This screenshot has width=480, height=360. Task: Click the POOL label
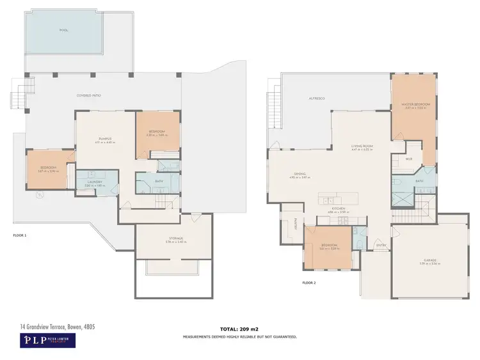coord(64,30)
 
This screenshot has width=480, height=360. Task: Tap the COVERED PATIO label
coord(89,95)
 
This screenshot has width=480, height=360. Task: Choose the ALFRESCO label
coord(317,98)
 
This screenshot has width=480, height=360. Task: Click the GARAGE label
coord(429,261)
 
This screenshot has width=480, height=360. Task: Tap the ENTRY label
coord(381,245)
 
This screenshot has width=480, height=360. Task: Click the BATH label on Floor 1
coord(159,181)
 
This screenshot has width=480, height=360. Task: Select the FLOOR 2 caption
coord(309,282)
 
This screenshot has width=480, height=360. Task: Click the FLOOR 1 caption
coord(20,235)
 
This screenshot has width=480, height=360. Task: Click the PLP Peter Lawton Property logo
coord(47,340)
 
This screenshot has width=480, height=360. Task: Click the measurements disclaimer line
coord(239,336)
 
